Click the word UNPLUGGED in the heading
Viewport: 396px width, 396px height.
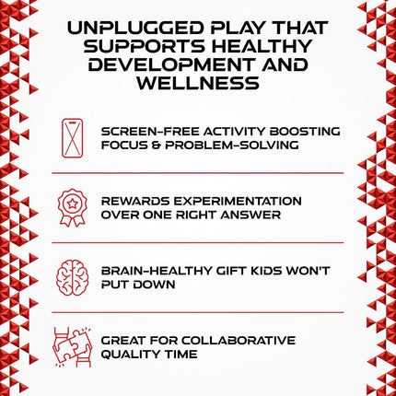point(135,28)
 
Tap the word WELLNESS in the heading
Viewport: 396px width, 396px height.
point(198,83)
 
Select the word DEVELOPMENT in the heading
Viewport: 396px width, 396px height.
point(171,64)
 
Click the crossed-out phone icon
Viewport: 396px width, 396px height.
point(73,138)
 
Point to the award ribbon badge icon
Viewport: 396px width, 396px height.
point(73,208)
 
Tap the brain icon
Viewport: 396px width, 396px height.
point(73,278)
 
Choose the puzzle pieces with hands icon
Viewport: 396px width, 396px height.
point(73,347)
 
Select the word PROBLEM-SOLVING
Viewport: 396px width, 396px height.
point(232,145)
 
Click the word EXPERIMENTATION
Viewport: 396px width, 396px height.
point(238,201)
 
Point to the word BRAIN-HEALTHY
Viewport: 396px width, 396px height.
point(157,271)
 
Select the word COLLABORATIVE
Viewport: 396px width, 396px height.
point(239,341)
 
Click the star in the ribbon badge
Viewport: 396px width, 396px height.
point(72,204)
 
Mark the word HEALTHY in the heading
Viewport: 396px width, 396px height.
point(262,46)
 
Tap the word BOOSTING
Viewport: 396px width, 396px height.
point(305,132)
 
